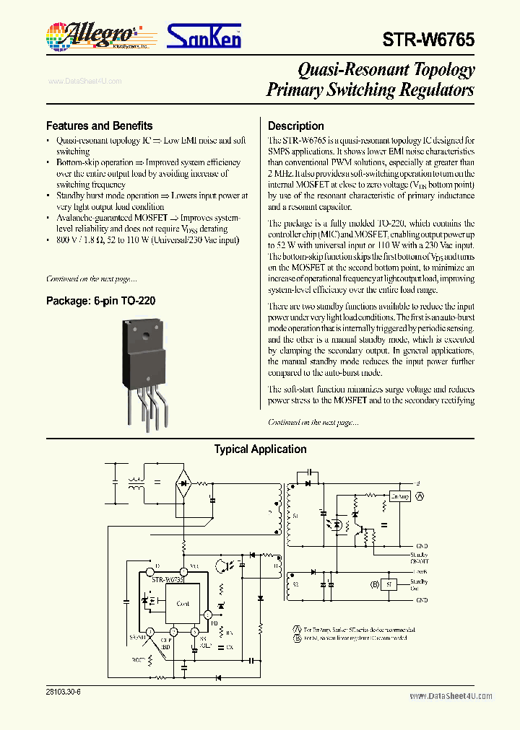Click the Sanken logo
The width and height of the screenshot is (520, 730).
coord(204,35)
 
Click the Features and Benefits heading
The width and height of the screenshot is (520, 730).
coord(99,126)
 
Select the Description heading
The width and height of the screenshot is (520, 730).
coord(295,126)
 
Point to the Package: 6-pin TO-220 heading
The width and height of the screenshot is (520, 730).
coord(100,301)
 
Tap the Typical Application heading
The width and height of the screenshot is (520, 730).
coord(260,449)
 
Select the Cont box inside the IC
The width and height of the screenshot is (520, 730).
coord(183,603)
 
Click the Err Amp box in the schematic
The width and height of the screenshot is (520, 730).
coord(399,497)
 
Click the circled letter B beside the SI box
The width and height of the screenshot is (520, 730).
coord(375,584)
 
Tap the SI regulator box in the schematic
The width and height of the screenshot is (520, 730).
coord(390,584)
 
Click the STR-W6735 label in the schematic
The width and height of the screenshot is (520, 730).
coord(168,579)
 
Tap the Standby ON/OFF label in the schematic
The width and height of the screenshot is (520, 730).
coord(420,558)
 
